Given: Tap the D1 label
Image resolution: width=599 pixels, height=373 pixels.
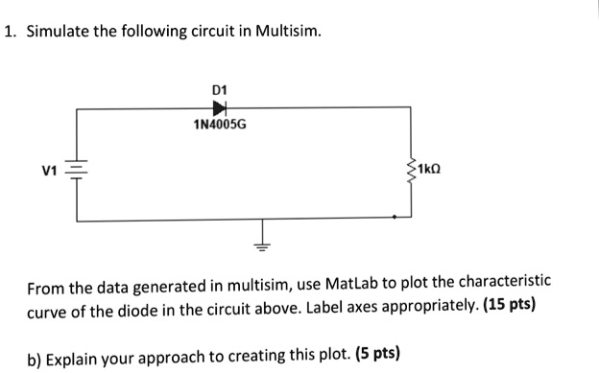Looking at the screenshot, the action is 217,90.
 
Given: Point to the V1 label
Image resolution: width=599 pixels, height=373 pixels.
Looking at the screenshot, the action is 50,173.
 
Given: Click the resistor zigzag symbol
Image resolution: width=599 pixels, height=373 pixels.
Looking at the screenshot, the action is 412,173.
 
